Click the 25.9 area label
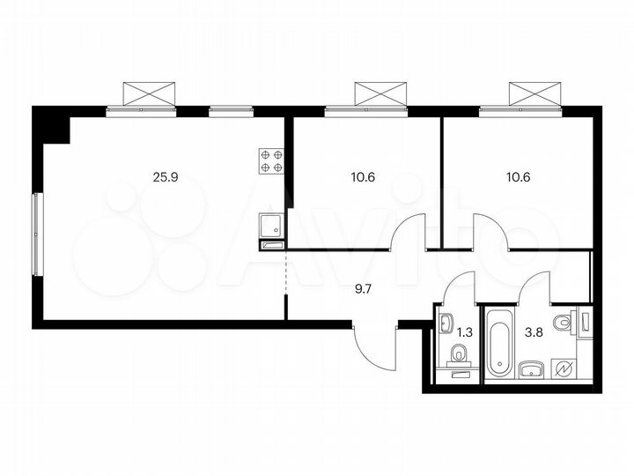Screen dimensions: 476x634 click(x=165, y=176)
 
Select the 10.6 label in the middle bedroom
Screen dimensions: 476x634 click(x=362, y=176)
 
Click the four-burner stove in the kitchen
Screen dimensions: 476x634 click(x=270, y=160)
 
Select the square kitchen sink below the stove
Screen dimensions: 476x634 click(x=271, y=227)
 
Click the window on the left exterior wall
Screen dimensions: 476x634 click(x=35, y=233)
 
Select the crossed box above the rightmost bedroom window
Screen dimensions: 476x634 click(x=535, y=93)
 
